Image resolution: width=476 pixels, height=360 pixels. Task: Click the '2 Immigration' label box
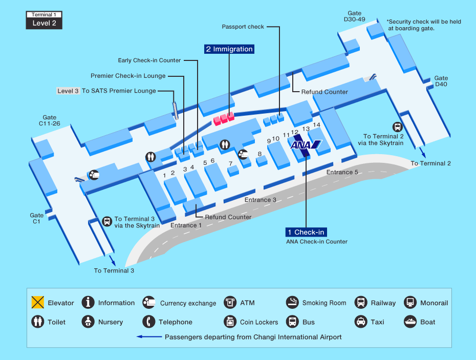point(229,49)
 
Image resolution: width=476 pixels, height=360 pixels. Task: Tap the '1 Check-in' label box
point(306,232)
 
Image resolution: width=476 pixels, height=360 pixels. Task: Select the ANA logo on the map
point(305,145)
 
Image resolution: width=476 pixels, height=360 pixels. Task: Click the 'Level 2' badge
point(44,23)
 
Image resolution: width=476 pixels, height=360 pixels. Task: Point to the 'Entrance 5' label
point(342,172)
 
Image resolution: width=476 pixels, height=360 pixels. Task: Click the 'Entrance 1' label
point(186,225)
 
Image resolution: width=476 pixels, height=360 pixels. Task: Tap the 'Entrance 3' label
point(261,200)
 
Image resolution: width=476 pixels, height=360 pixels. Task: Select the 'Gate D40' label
point(441,81)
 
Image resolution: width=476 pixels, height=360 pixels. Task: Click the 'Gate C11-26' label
point(50,120)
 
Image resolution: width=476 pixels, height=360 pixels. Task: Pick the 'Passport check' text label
point(243,27)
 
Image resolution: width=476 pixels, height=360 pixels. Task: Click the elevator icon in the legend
point(37,303)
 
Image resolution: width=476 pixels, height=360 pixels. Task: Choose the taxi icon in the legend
point(361,322)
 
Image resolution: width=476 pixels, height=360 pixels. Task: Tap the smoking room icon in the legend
point(292,303)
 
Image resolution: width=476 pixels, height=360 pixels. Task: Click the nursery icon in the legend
point(89,322)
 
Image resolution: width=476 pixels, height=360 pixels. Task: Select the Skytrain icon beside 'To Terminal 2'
point(397,126)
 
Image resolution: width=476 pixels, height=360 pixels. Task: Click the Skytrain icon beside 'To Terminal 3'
point(107,221)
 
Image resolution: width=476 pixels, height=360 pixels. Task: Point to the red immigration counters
point(224,118)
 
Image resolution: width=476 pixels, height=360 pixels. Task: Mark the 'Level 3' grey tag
point(68,91)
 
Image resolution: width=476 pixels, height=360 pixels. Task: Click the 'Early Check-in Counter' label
point(149,60)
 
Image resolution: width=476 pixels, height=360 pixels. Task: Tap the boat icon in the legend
point(410,322)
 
